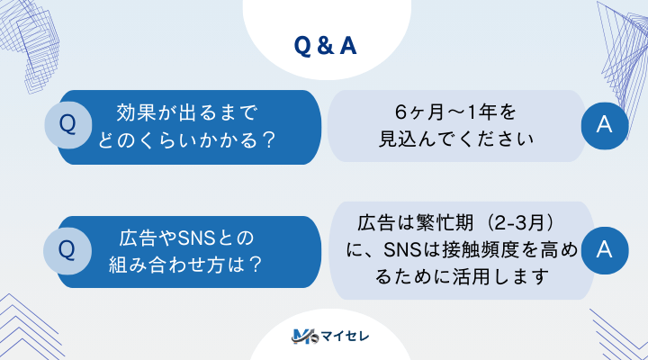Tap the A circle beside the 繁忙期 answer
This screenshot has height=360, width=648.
605,247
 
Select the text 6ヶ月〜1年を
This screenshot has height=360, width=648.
456,113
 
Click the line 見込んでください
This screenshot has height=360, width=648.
456,140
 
